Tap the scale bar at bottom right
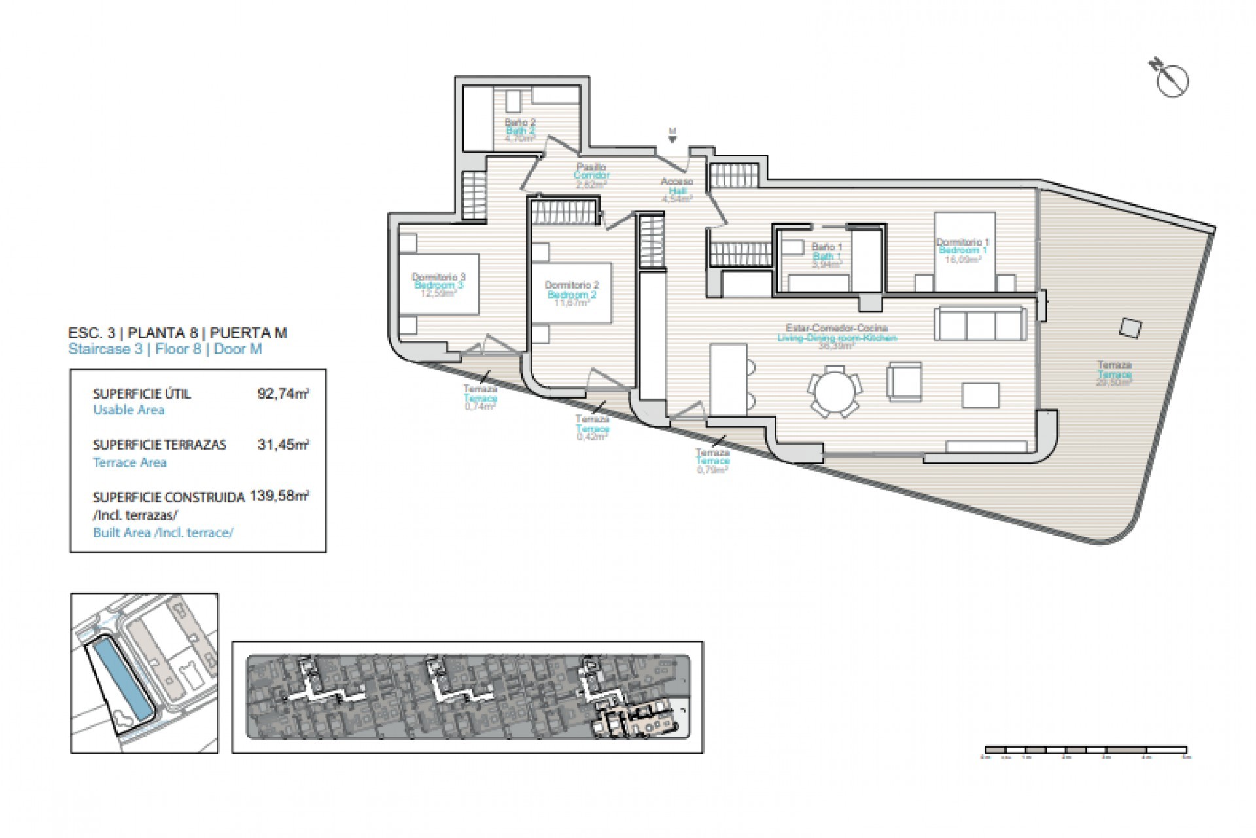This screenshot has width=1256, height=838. click(1086, 750)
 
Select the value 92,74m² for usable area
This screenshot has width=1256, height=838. click(283, 393)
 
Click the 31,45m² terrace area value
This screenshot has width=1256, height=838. click(283, 445)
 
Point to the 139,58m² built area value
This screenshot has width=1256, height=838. click(279, 496)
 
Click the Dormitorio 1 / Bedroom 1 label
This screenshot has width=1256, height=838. click(962, 250)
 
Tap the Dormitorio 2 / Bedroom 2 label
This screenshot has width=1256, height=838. click(572, 294)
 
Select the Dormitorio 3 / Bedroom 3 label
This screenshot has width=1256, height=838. click(438, 285)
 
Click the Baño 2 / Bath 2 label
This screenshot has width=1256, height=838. click(520, 130)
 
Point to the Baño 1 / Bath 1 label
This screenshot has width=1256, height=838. click(827, 256)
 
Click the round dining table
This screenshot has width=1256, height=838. click(834, 393)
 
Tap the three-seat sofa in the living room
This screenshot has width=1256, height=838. click(980, 323)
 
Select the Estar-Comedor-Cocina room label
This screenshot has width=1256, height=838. click(836, 333)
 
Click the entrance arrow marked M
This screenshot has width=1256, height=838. click(672, 136)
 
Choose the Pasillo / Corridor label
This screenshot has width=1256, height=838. click(591, 175)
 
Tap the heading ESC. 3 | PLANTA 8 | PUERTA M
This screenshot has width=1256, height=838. click(177, 333)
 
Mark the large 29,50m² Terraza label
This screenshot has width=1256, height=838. click(1114, 374)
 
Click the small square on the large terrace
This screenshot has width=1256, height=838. click(1129, 327)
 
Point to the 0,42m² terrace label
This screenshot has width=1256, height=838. click(592, 428)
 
